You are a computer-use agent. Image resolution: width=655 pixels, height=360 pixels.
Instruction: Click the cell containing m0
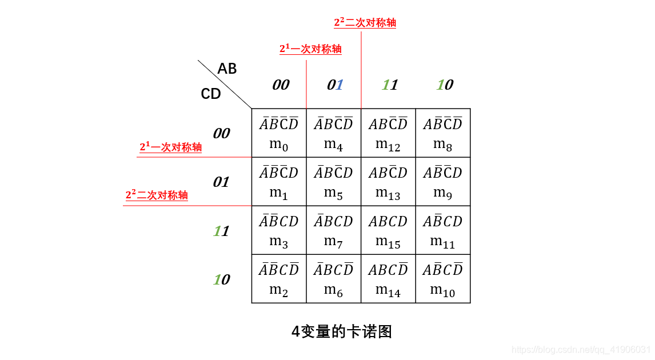click(279, 133)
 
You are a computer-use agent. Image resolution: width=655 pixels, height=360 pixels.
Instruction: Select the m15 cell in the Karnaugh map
click(388, 230)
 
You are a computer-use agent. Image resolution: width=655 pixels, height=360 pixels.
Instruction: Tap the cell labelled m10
click(443, 279)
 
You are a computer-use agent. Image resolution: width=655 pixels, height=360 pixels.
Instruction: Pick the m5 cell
click(334, 182)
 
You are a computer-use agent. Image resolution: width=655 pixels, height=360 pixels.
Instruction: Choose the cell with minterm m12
click(388, 133)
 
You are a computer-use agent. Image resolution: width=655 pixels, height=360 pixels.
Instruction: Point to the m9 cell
click(443, 182)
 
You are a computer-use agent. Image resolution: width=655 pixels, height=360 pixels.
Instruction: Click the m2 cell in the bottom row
click(279, 279)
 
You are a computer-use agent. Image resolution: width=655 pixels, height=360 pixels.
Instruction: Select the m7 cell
click(334, 230)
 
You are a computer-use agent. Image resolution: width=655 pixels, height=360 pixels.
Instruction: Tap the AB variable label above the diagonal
click(227, 69)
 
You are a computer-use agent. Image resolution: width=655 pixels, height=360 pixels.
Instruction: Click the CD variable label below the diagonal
click(211, 94)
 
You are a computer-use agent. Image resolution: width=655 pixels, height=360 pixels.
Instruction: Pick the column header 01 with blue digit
click(336, 85)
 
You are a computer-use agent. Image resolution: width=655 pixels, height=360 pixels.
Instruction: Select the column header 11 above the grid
click(390, 85)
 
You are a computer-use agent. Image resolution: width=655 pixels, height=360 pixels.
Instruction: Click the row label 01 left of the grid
click(221, 182)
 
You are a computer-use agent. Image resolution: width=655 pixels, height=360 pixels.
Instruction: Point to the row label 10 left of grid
click(221, 280)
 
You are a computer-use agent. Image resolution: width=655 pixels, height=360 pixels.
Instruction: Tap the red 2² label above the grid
click(365, 23)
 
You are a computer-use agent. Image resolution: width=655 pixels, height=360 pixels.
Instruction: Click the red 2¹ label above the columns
click(310, 49)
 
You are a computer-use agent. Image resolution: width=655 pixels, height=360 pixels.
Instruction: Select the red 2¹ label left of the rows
click(170, 147)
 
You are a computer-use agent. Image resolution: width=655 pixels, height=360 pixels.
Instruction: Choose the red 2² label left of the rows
click(157, 195)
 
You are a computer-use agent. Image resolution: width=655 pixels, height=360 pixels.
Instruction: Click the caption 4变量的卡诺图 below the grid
click(342, 331)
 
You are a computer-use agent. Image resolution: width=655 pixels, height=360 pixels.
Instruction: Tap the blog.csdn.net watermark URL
click(581, 349)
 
